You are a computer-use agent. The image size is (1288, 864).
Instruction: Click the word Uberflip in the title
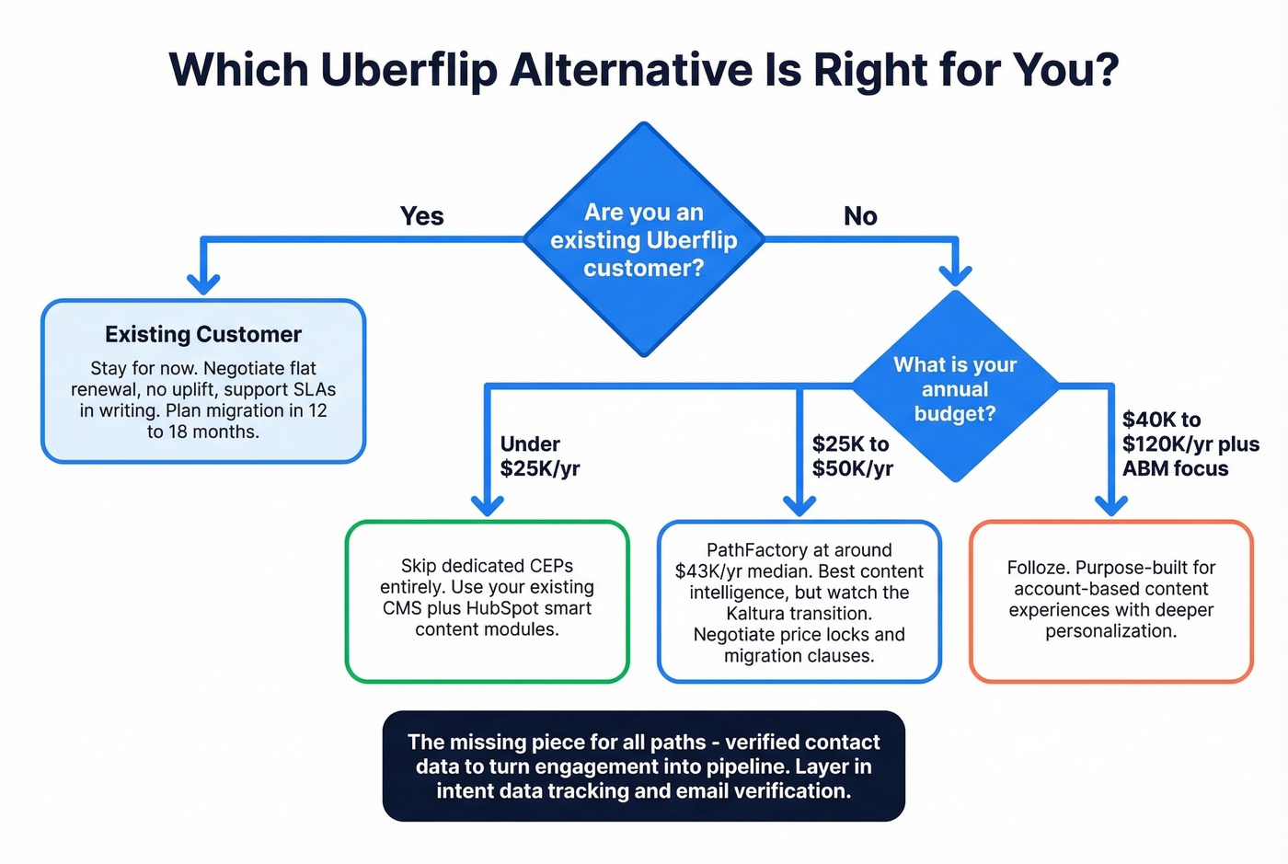pyautogui.click(x=408, y=70)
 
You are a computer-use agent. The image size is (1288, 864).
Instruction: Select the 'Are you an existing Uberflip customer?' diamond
pyautogui.click(x=644, y=239)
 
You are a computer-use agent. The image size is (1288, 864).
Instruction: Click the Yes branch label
pyautogui.click(x=421, y=216)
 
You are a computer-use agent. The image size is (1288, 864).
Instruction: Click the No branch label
pyautogui.click(x=860, y=216)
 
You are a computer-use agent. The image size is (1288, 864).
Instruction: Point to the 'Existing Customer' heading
pyautogui.click(x=203, y=334)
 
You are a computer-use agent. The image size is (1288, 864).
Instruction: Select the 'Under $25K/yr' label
pyautogui.click(x=540, y=456)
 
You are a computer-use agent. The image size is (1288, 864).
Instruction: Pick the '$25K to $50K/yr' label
pyautogui.click(x=852, y=456)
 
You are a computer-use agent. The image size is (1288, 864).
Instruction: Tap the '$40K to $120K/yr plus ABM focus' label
pyautogui.click(x=1190, y=444)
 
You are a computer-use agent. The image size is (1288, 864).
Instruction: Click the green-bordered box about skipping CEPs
pyautogui.click(x=487, y=600)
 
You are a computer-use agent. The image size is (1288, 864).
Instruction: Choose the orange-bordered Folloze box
pyautogui.click(x=1110, y=600)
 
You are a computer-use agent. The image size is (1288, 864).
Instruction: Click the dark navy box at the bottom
pyautogui.click(x=643, y=766)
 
